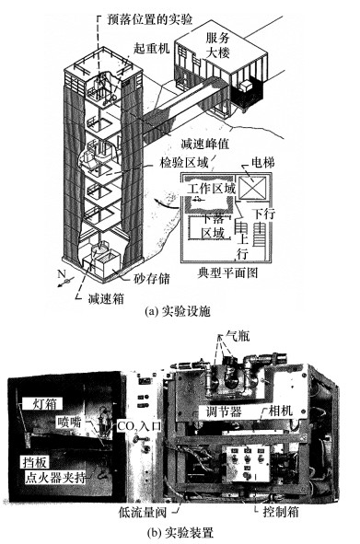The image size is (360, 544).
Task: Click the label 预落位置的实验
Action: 150,19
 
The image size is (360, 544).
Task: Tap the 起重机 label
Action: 152,48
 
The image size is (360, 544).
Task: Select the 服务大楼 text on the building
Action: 217,45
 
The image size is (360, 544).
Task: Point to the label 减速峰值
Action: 205,144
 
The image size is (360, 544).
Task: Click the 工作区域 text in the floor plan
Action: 212,189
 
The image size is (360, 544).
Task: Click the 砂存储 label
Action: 152,279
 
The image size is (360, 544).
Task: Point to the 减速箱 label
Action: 106,298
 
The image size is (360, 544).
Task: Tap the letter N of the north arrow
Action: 62,274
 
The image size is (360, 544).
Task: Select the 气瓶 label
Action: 238,335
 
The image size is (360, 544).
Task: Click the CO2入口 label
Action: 139,425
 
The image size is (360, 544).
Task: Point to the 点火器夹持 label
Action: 55,478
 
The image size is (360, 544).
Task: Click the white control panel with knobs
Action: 247,464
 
